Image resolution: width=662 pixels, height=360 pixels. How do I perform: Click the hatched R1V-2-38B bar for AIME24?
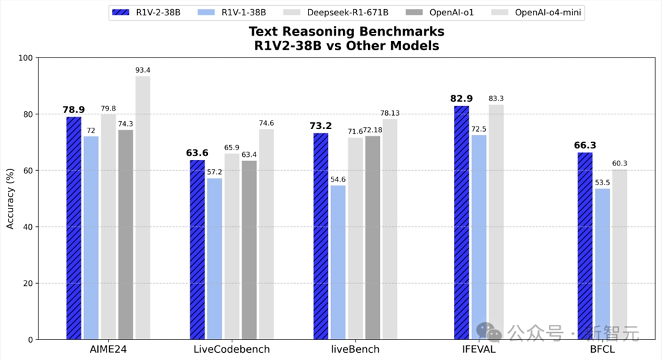click(73, 228)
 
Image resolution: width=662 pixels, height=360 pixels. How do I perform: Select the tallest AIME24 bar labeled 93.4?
click(142, 208)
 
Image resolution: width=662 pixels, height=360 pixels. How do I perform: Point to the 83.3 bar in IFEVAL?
click(496, 222)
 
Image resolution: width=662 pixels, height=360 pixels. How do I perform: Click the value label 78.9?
click(73, 109)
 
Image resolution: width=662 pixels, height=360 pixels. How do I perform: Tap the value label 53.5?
click(602, 181)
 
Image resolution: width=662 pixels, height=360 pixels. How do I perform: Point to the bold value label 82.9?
click(461, 99)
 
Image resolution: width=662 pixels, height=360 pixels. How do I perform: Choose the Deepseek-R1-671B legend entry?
click(329, 11)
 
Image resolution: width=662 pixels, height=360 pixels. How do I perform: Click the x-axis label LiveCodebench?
click(232, 349)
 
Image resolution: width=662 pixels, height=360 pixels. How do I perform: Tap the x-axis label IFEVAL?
click(479, 349)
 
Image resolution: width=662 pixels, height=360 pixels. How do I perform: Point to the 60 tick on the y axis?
click(28, 171)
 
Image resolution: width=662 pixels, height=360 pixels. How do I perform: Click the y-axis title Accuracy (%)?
click(10, 199)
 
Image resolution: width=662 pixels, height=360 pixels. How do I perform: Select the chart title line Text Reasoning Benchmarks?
click(346, 31)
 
